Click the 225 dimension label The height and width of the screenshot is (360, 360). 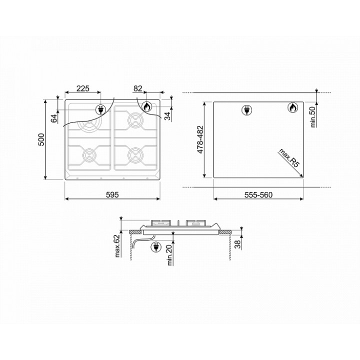pos(82,88)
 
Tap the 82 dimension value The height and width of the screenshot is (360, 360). pos(138,88)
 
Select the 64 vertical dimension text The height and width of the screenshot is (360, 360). pos(54,118)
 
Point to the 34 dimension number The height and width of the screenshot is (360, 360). pos(168,116)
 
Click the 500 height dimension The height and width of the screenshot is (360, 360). pos(41,139)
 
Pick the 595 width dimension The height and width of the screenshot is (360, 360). pos(112,194)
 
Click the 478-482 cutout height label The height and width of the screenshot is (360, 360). pos(200,139)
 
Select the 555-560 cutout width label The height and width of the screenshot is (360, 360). pos(258,194)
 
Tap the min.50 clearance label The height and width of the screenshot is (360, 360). pos(313,117)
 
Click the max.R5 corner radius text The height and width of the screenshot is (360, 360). pos(289,158)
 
